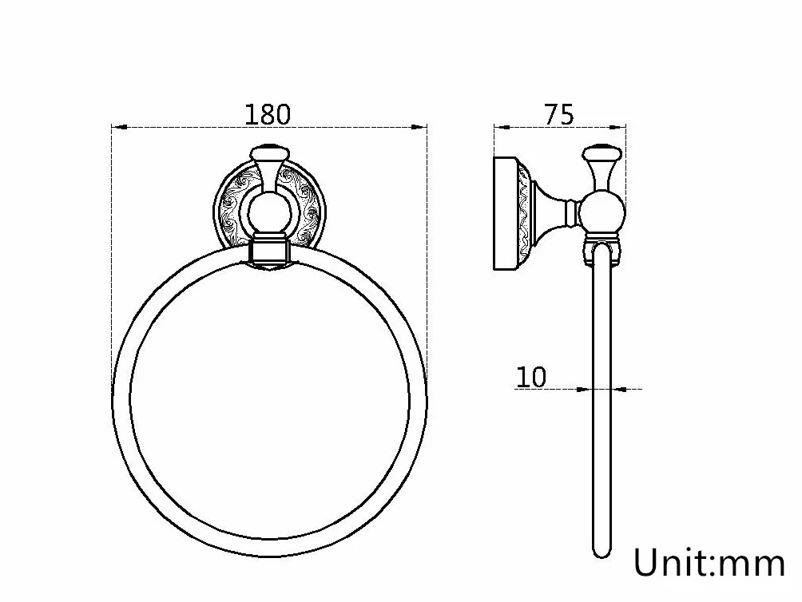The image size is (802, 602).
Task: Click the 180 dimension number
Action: (x=268, y=114)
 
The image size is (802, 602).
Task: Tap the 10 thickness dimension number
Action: (x=531, y=377)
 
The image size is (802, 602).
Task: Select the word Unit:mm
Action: (x=709, y=562)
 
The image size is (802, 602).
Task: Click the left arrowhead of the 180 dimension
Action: (x=119, y=127)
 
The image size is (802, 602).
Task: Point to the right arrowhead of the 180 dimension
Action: (x=420, y=127)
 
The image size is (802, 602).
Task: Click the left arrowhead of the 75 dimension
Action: (x=501, y=127)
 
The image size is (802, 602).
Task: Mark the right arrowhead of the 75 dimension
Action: (x=619, y=127)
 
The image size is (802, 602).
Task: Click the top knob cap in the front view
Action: (x=269, y=152)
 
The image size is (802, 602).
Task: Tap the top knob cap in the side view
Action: (x=602, y=152)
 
